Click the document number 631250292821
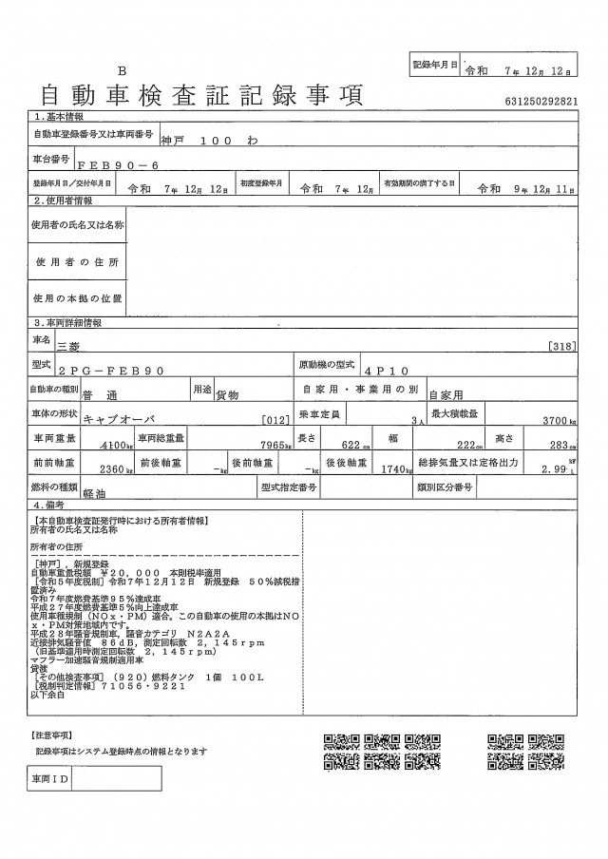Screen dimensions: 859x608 [x=536, y=99]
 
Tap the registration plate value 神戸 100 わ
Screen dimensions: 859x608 [x=204, y=140]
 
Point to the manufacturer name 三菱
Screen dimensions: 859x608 [x=70, y=348]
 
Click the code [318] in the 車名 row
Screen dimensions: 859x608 [x=562, y=348]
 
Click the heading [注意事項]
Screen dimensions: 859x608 [x=54, y=735]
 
